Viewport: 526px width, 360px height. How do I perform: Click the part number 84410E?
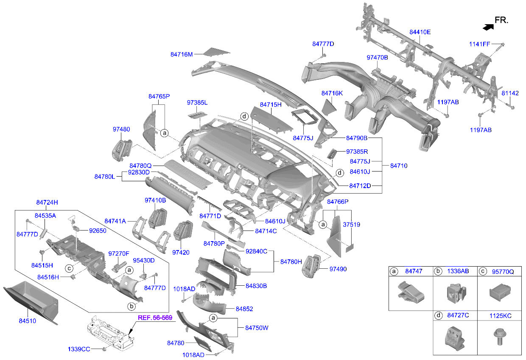(420, 32)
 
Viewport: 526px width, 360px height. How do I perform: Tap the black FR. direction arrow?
(488, 27)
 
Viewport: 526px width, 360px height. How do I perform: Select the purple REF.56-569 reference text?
(155, 318)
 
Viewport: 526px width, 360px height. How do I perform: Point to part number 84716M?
(182, 54)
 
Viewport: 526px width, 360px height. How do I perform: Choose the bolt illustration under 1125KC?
(500, 337)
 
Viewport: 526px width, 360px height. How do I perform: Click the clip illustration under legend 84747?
(411, 292)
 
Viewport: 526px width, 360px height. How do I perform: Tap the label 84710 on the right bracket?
(399, 166)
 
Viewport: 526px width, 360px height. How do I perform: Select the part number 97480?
(121, 129)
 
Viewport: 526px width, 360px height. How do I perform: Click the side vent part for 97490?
(311, 266)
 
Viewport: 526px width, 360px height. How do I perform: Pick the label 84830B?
(256, 286)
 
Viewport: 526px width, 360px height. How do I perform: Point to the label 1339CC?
(79, 349)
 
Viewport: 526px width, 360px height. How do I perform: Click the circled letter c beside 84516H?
(69, 268)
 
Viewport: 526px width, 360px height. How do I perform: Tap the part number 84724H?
(47, 202)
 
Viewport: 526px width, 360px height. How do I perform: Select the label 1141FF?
(479, 44)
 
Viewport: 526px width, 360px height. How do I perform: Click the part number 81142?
(510, 93)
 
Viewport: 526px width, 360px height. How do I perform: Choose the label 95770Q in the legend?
(503, 272)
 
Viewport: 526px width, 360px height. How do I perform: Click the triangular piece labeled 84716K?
(329, 107)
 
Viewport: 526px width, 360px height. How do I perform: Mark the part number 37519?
(352, 225)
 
